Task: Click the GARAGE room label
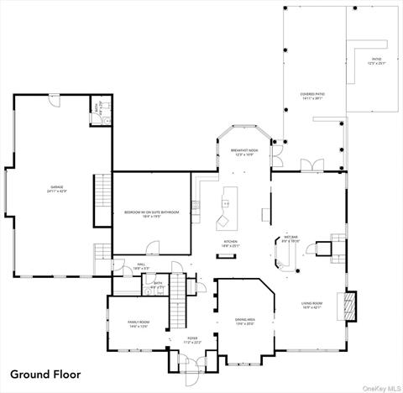coord(57,188)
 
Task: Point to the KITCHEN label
coord(229,244)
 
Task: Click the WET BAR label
coord(290,239)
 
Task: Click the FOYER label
coord(192,340)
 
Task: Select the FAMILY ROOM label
coord(139,324)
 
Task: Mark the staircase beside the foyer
coord(177,302)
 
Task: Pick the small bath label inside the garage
coord(98,109)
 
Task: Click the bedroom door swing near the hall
coord(152,248)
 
